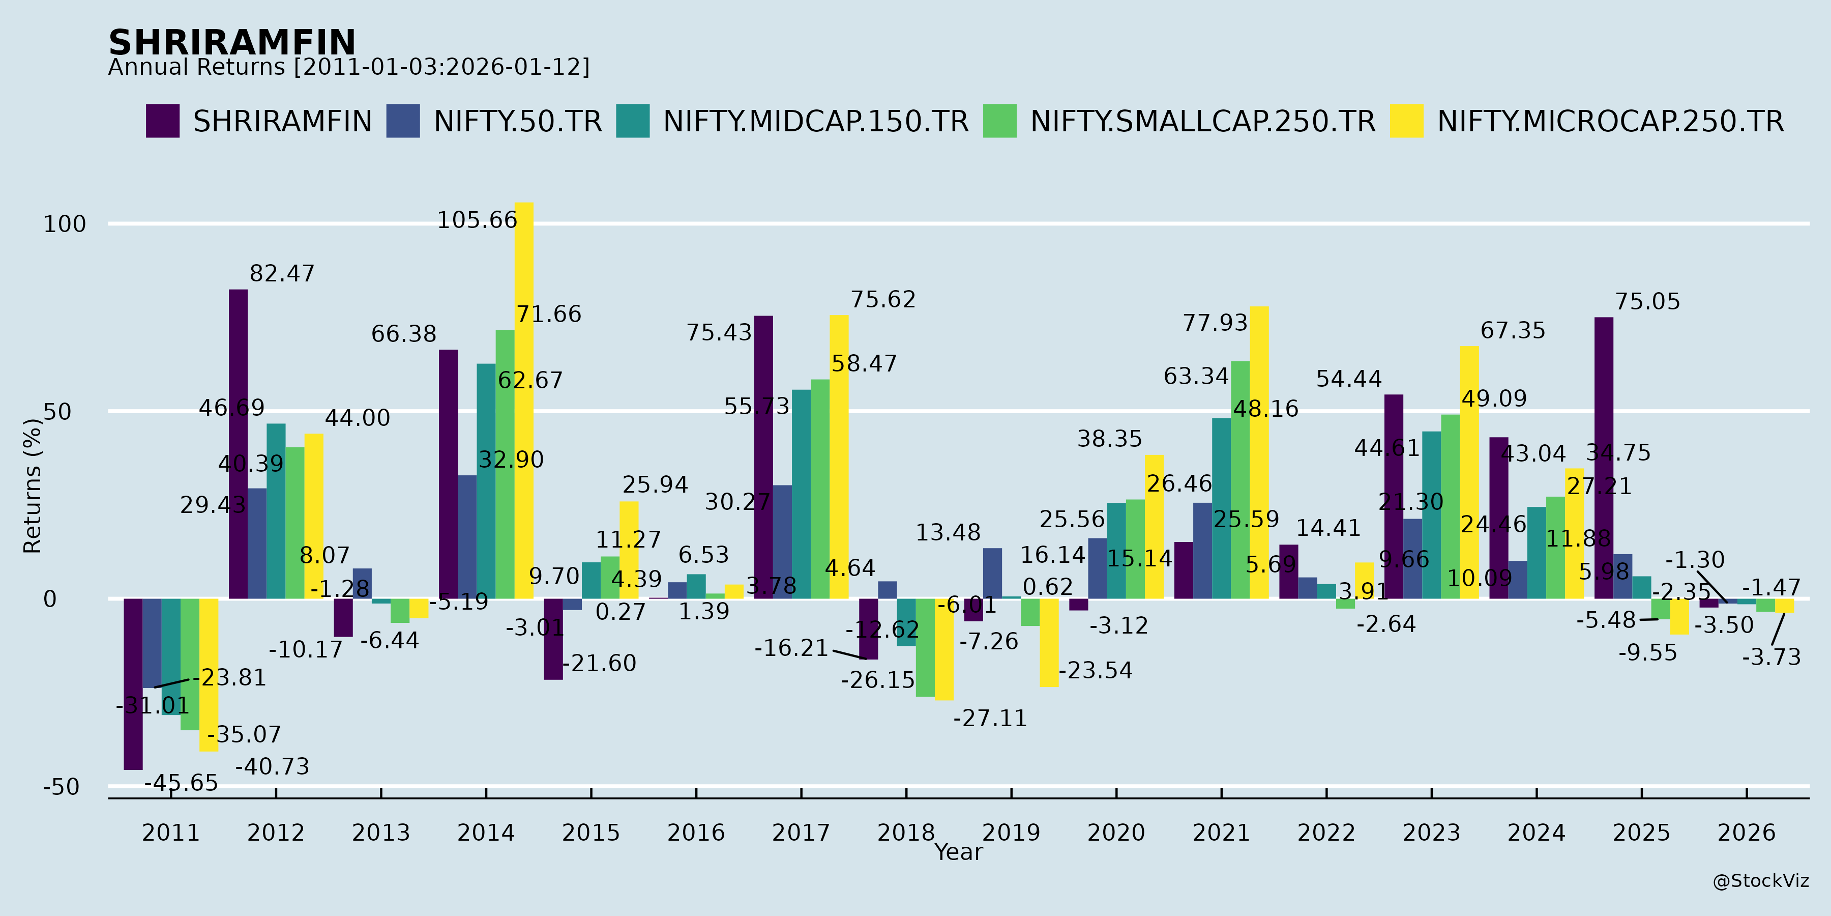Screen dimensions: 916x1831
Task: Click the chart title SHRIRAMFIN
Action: (232, 43)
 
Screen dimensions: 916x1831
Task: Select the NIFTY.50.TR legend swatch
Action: (402, 121)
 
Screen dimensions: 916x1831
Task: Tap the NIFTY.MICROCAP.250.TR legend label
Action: (1610, 122)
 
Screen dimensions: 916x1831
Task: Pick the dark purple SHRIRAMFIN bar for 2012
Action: (238, 444)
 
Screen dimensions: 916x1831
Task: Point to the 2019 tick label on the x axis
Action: (1011, 832)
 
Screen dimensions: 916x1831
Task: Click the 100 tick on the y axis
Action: (65, 224)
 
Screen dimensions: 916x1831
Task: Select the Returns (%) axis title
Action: (33, 486)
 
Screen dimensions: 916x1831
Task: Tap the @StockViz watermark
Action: (1761, 881)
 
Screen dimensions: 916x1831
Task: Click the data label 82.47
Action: (281, 274)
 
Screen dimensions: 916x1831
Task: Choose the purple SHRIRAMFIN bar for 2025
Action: (1604, 458)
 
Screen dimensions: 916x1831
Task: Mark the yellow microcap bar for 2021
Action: (1259, 452)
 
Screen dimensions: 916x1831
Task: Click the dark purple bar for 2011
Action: (133, 683)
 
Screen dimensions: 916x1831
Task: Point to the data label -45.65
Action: (181, 783)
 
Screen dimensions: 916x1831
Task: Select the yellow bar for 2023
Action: (1469, 472)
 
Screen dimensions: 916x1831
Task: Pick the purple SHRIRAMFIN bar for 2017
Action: (763, 457)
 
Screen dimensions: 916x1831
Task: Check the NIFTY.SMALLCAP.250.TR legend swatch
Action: (999, 121)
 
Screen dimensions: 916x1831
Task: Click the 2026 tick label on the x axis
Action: (1747, 832)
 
